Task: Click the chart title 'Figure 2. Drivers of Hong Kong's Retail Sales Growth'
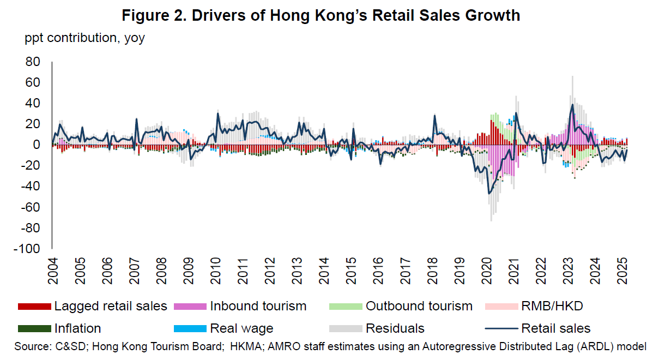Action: tap(321, 16)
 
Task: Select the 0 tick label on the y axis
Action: tap(37, 145)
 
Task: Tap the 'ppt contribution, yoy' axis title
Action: tap(84, 39)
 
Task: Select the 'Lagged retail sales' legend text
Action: tap(111, 306)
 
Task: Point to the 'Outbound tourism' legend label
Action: tap(419, 306)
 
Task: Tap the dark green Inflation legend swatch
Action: tap(34, 329)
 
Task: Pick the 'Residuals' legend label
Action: tap(395, 328)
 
